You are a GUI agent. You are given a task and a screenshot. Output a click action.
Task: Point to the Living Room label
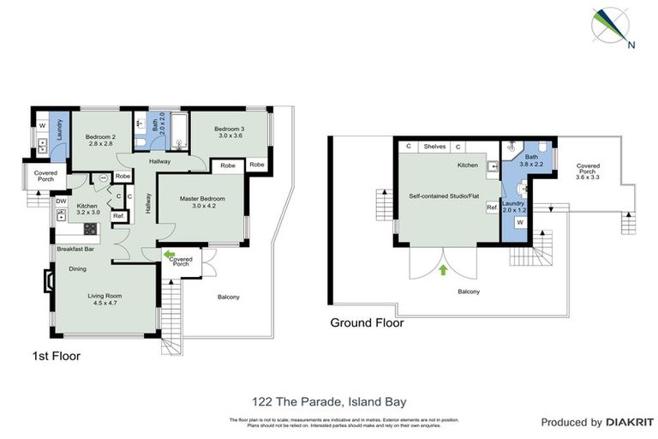tap(106, 300)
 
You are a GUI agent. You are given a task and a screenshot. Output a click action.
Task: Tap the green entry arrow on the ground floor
tap(443, 271)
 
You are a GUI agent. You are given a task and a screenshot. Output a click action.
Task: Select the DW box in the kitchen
tap(62, 202)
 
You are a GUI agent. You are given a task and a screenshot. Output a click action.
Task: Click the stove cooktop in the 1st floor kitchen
tap(90, 229)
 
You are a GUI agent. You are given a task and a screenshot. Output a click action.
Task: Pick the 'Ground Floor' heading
tap(367, 323)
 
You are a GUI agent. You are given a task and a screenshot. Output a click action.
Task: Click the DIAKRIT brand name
tap(630, 422)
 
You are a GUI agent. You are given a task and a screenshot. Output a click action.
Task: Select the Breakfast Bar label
tap(75, 249)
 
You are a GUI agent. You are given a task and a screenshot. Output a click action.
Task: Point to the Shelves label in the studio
tap(434, 147)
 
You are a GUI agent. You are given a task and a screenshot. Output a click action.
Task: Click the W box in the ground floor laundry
tap(519, 223)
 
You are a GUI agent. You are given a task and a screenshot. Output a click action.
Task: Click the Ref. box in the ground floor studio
tap(492, 207)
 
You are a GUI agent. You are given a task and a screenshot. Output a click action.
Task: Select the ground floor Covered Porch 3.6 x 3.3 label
tap(588, 171)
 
